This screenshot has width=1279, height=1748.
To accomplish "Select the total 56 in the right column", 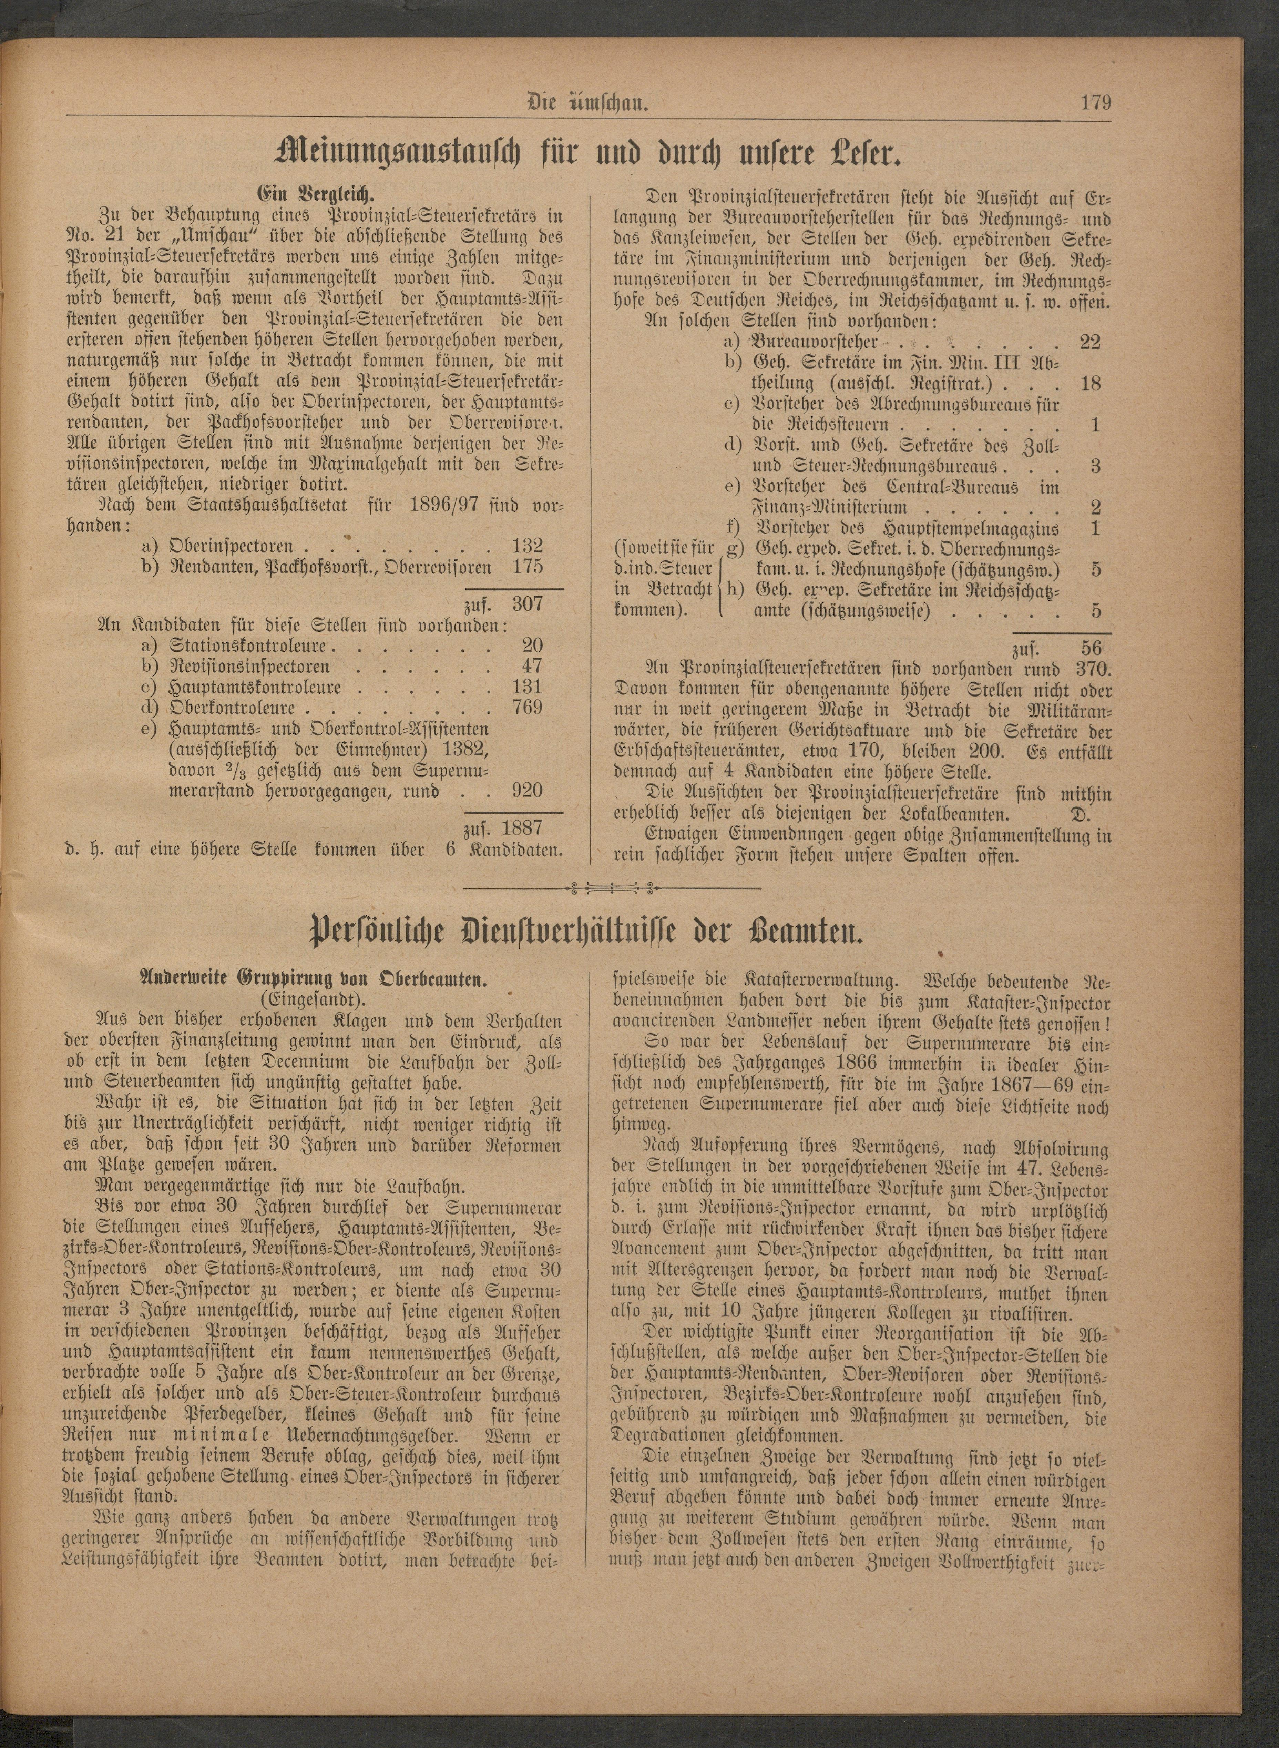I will (x=1092, y=648).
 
